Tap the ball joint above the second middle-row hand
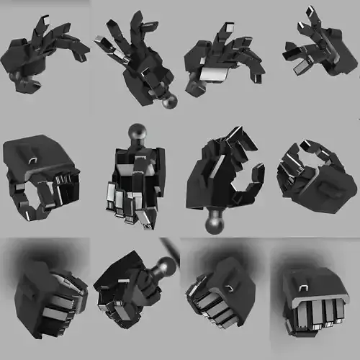click(138, 134)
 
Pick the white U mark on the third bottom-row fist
click(229, 288)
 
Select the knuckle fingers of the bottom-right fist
click(318, 313)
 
